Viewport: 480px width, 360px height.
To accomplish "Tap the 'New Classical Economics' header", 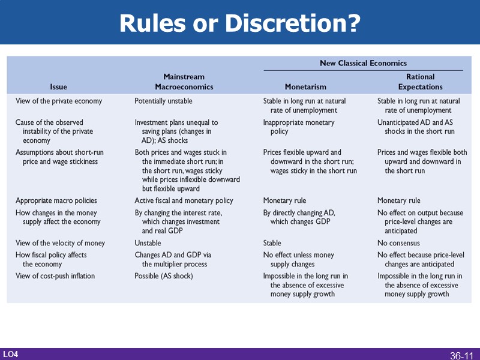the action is click(363, 63).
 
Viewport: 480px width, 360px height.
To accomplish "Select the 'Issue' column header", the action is click(59, 87).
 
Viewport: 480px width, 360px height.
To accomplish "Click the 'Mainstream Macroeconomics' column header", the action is click(184, 82).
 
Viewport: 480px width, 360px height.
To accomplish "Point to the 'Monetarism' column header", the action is click(305, 87).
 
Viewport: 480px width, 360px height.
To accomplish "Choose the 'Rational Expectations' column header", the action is click(420, 82).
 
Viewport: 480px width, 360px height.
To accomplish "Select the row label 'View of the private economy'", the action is click(59, 101).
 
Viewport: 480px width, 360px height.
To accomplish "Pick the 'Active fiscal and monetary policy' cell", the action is click(184, 200).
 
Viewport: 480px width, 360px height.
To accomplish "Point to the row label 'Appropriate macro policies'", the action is click(56, 200).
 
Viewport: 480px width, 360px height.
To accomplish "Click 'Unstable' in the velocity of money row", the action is click(148, 243).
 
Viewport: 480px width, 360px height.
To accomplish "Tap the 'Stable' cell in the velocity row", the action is click(272, 243).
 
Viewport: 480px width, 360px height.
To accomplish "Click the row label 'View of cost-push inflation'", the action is click(55, 276).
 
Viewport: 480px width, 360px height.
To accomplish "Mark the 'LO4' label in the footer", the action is click(10, 355).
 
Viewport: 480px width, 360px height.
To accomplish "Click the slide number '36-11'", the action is click(461, 356).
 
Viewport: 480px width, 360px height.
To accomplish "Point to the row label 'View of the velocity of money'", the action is click(60, 243).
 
